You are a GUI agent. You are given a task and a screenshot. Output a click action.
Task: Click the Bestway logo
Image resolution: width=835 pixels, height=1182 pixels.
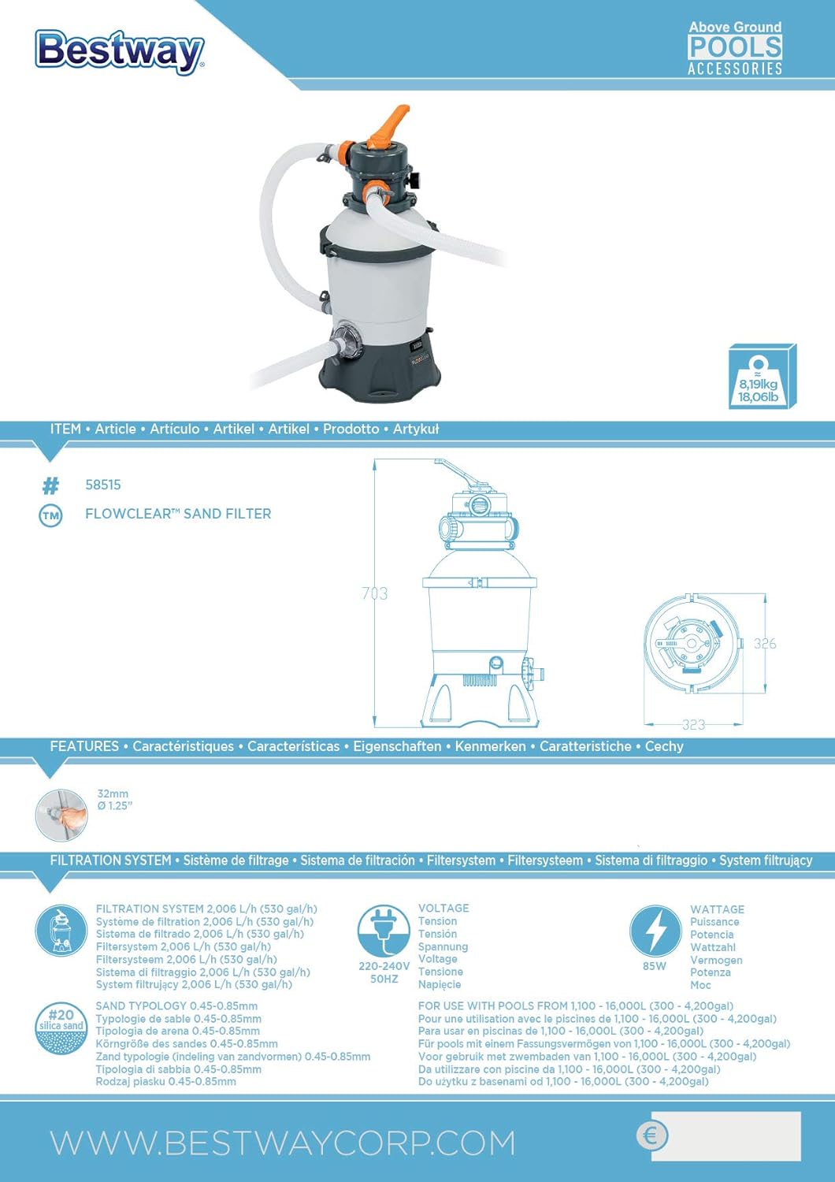120,51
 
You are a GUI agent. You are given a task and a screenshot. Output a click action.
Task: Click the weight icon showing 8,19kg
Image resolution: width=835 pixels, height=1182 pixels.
761,377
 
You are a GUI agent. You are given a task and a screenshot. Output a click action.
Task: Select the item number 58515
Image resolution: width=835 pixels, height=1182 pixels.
103,485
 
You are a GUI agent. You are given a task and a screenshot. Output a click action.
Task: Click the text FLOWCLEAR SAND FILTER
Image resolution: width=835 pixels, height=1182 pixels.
178,514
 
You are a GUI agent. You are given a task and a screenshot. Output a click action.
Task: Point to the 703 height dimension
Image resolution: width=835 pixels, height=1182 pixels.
375,593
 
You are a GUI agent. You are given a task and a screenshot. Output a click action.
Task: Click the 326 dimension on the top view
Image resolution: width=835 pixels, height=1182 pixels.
764,644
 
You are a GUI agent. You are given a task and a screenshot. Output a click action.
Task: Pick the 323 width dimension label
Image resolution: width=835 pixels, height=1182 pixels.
693,724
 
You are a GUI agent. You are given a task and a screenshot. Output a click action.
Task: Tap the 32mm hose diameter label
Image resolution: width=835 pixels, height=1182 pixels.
113,794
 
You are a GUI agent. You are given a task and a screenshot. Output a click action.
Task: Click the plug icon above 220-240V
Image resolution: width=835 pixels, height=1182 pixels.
384,931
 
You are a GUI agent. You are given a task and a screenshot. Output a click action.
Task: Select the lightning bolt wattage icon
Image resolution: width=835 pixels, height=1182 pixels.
655,931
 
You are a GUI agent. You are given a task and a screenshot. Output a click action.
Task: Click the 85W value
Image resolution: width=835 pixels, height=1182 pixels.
655,966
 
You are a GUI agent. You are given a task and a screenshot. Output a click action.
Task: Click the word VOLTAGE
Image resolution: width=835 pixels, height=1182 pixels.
443,909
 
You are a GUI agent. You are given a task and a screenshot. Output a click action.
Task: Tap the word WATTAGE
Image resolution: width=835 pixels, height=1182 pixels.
717,909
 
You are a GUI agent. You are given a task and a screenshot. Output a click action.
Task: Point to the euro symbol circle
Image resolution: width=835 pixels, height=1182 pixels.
651,1136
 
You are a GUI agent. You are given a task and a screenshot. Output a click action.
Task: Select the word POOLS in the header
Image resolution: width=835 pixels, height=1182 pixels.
735,47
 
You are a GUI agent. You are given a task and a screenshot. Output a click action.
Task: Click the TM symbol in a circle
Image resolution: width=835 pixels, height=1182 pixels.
50,515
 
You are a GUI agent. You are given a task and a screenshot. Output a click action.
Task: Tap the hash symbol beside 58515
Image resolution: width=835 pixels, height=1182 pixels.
50,485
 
